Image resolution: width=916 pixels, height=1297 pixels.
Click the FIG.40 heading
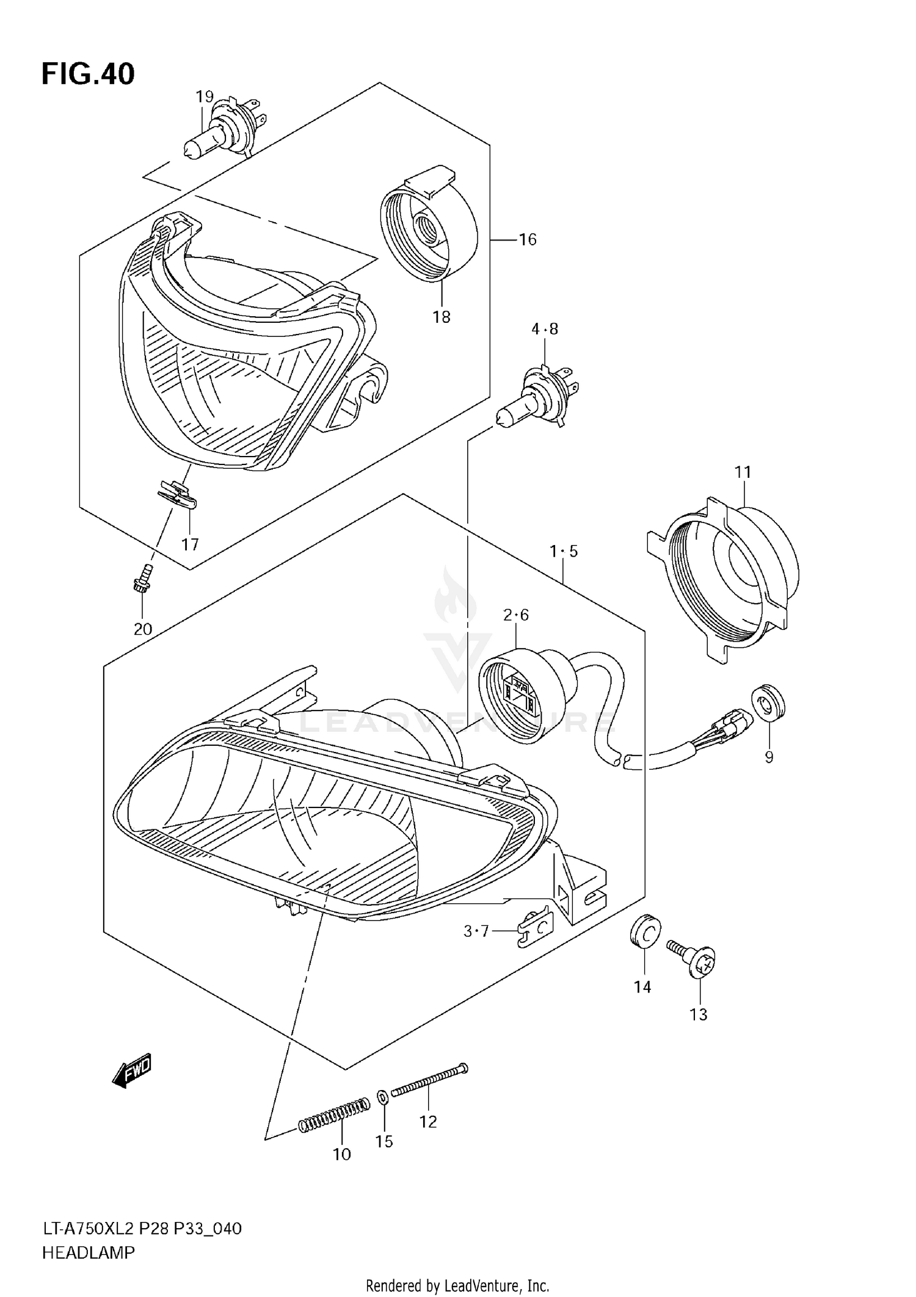point(88,74)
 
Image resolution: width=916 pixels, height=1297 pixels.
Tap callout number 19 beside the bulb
point(205,96)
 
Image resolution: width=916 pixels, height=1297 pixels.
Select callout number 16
point(527,239)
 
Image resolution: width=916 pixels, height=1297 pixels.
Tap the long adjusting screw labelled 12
point(429,1078)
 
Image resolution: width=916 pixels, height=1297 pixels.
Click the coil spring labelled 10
point(333,1113)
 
